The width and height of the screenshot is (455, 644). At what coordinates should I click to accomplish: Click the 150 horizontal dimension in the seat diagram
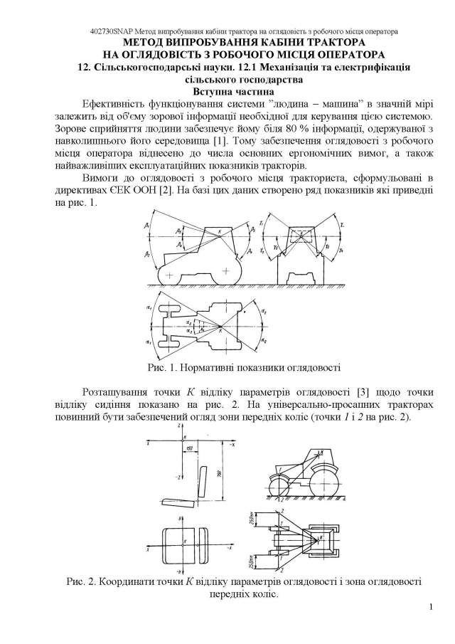tap(191, 448)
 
